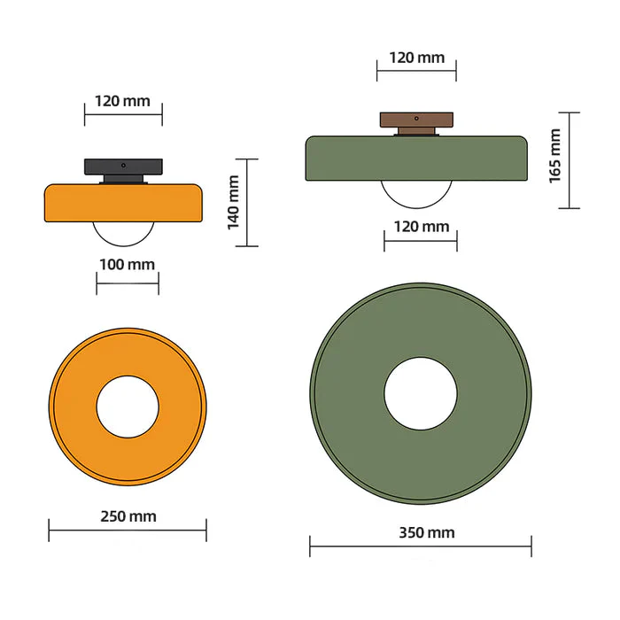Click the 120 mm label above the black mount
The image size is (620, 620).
coord(123,100)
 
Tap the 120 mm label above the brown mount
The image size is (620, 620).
coord(416,58)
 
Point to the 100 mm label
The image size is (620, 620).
coord(128,264)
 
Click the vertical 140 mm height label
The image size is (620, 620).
coord(234,202)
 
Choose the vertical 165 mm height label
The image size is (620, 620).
coord(555,156)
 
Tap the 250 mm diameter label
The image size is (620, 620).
coord(128,516)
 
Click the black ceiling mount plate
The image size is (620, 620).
coord(124,166)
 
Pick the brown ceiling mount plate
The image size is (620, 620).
coord(416,120)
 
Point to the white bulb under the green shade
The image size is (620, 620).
coord(416,192)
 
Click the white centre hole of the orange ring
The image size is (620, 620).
coord(128,407)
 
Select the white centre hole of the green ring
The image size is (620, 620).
coord(421,393)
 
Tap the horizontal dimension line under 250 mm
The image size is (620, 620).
coord(128,531)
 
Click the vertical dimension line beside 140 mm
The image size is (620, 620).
coord(247,202)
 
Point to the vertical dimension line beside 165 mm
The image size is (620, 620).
coord(569,160)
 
